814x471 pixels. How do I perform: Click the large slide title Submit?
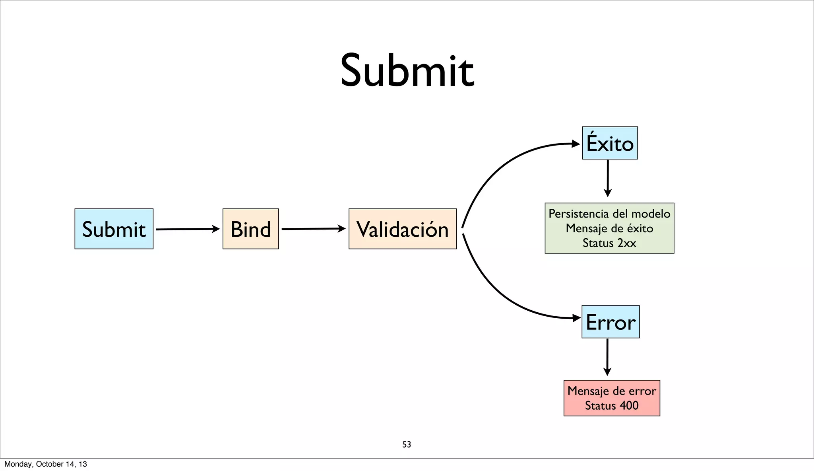coord(407,71)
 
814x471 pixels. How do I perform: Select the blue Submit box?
coord(114,229)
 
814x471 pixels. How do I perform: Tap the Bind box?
coord(250,229)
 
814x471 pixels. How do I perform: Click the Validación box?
coord(402,229)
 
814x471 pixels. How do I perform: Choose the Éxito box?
coord(610,143)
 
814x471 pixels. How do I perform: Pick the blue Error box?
coord(610,322)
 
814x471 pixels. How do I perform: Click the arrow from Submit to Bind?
coord(187,229)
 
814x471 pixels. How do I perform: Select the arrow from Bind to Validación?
coord(313,229)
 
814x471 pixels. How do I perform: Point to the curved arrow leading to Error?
coord(497,290)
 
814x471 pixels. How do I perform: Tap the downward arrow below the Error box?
coord(607,357)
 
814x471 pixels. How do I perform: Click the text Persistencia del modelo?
coord(609,214)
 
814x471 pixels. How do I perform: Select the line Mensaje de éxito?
coord(609,228)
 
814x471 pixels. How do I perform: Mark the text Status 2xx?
coord(609,243)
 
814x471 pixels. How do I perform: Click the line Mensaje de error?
coord(612,391)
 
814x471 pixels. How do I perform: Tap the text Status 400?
coord(612,406)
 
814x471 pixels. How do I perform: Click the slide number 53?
coord(407,444)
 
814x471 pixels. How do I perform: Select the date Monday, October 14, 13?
coord(46,464)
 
